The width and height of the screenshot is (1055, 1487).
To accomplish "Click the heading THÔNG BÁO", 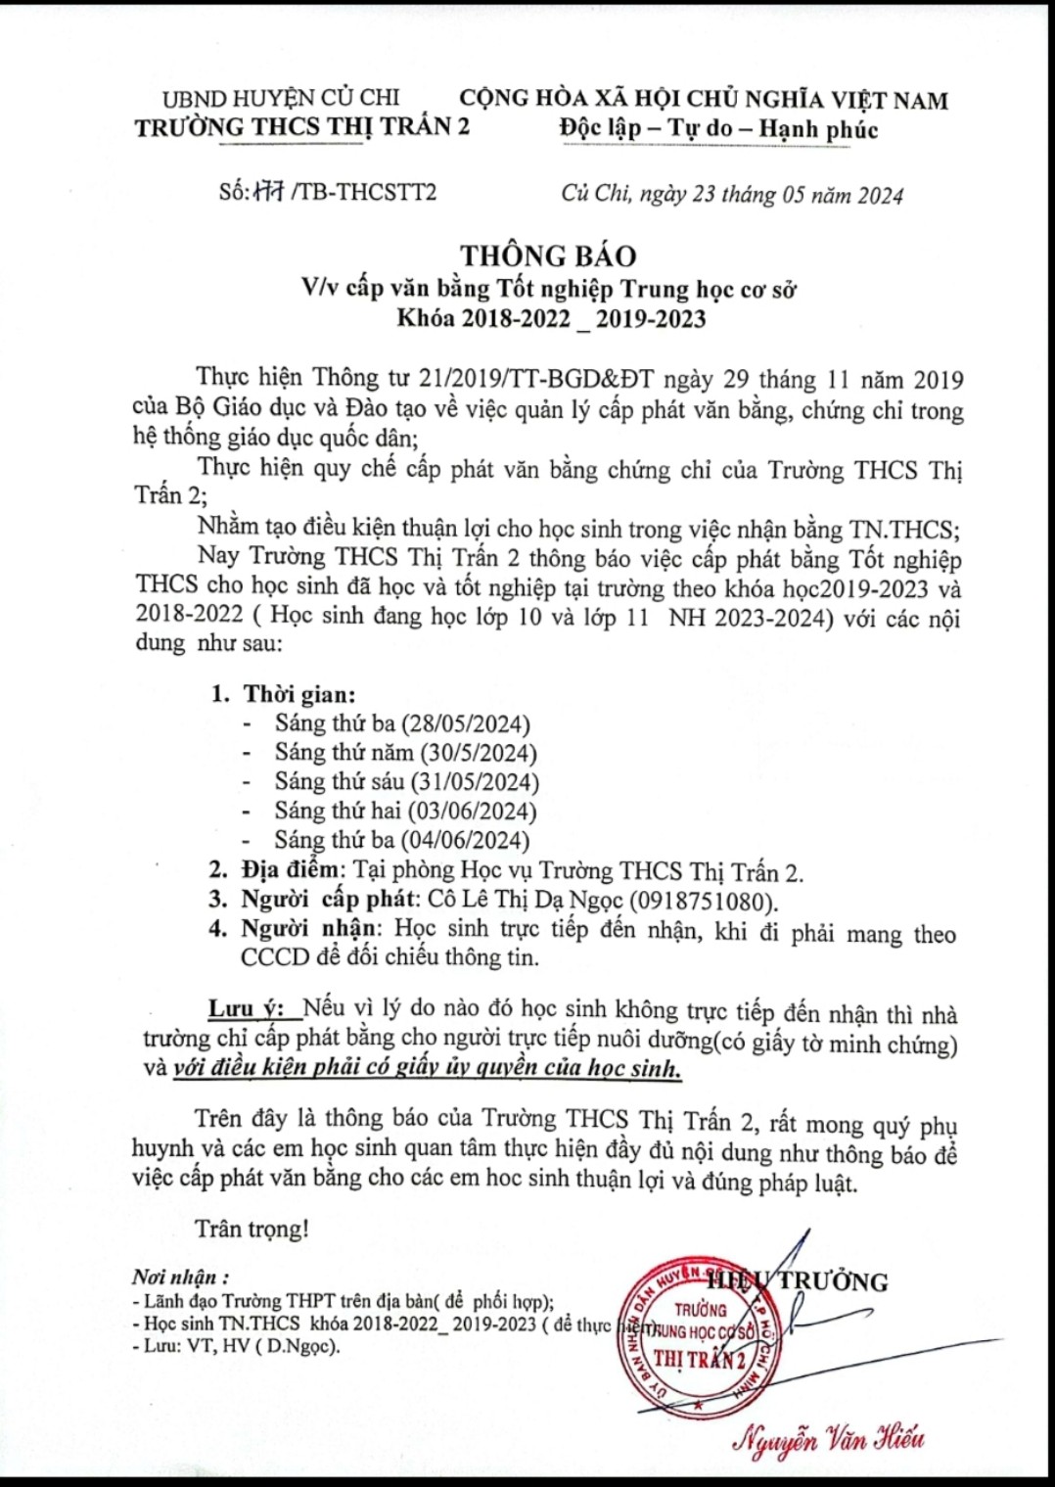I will [x=548, y=256].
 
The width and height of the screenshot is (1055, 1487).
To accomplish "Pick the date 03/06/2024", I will [x=472, y=811].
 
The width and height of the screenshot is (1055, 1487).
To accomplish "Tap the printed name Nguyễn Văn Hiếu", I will [x=828, y=1437].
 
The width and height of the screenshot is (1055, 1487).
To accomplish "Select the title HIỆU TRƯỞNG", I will [x=798, y=1281].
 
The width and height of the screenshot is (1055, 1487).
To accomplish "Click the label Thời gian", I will [x=298, y=695].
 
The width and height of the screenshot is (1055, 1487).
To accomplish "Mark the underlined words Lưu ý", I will [x=246, y=1008].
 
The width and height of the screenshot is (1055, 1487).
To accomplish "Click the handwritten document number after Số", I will [x=268, y=192].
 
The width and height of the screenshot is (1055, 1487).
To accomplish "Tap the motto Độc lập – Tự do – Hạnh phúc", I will [x=718, y=129].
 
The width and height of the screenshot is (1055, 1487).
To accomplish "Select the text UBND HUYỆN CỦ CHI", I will [x=281, y=98].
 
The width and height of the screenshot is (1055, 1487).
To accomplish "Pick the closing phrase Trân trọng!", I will [x=252, y=1229].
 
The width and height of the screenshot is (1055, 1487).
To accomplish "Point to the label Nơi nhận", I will [x=181, y=1277].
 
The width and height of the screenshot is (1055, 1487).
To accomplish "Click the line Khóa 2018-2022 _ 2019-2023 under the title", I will [x=551, y=318].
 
